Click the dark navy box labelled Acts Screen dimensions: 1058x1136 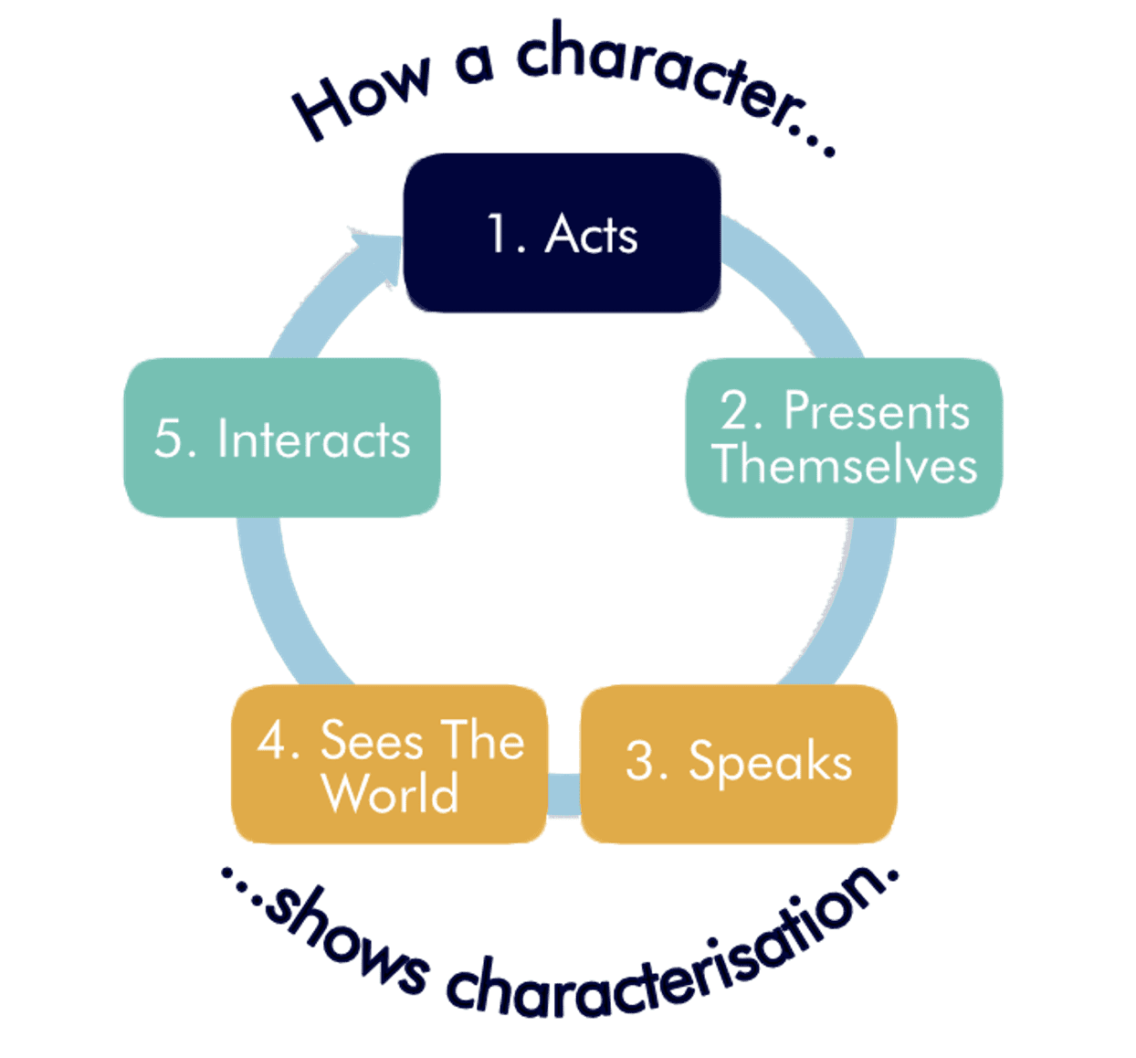(x=562, y=233)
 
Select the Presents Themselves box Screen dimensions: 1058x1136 (x=843, y=438)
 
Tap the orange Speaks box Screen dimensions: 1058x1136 (x=738, y=764)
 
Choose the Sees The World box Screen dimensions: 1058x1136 (x=390, y=764)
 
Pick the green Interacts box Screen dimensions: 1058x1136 (x=281, y=438)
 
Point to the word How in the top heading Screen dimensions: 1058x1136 (x=360, y=95)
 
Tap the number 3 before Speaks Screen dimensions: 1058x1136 (x=641, y=760)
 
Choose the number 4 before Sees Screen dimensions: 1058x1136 (x=273, y=740)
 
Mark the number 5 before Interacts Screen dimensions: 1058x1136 (x=169, y=439)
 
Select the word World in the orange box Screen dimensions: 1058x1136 (x=390, y=793)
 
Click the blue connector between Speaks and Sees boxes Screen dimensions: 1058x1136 (x=563, y=793)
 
